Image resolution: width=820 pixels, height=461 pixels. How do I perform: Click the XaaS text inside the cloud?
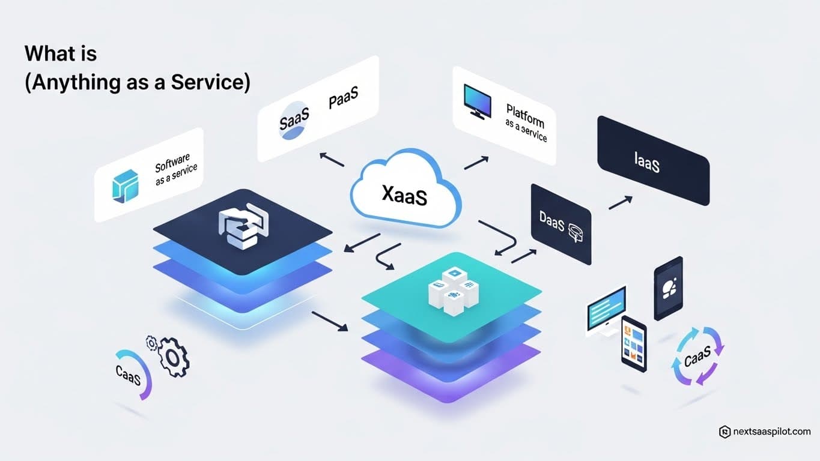pos(404,194)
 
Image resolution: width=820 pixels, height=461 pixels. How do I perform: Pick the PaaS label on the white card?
pos(344,100)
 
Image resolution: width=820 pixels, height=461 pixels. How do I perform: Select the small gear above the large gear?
pos(151,343)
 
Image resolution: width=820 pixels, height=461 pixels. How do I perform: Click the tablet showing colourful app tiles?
pos(634,343)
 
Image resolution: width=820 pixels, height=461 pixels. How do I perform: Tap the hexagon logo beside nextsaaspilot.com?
pos(724,432)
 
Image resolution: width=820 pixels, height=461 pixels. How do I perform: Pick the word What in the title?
pos(45,53)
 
